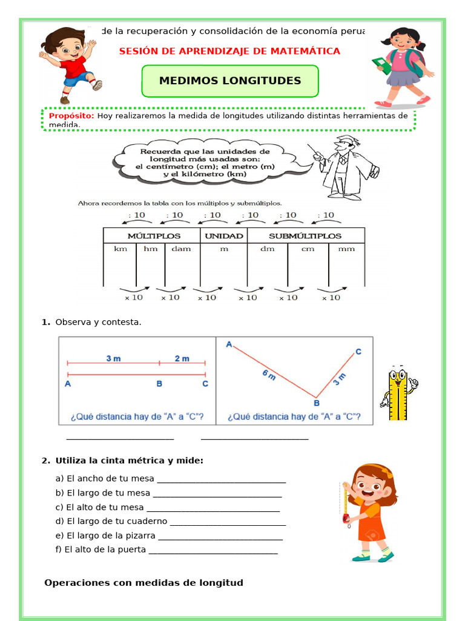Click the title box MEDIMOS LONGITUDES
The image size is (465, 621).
[229, 81]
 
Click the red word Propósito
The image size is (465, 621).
[71, 115]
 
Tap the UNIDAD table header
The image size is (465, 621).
[223, 235]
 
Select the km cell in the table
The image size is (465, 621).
[120, 249]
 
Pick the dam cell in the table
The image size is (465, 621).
[182, 249]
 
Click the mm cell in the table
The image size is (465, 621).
[346, 249]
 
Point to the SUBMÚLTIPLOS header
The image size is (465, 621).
[305, 235]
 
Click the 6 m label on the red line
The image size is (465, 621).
[269, 375]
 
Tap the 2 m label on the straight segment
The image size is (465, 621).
[182, 358]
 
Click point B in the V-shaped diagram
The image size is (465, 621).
[315, 402]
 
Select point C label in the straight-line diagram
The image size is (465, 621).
[205, 384]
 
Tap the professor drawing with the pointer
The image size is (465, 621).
[345, 167]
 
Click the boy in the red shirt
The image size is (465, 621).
[69, 63]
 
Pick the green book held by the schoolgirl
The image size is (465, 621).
[381, 65]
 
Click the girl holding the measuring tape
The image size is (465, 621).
[368, 512]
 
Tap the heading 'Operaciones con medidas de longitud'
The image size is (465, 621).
[143, 583]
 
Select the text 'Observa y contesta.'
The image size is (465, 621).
[98, 322]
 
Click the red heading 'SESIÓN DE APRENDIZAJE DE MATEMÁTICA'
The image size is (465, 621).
[229, 52]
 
